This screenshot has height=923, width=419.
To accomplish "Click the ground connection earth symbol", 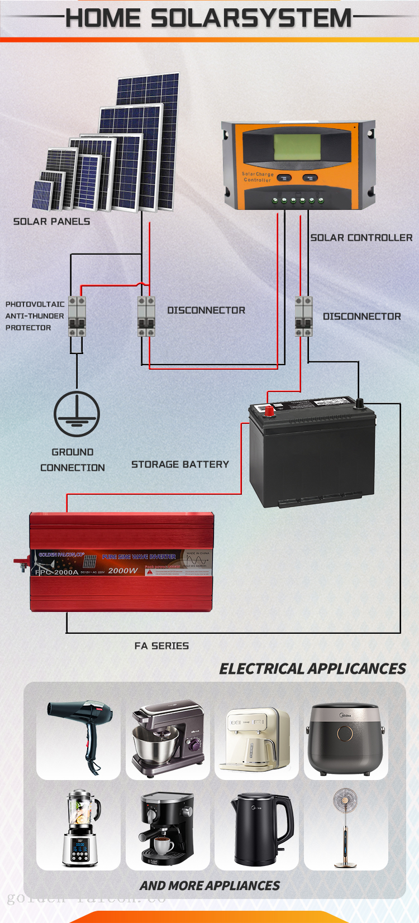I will [x=77, y=414].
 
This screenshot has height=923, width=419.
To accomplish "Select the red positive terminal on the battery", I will [x=269, y=411].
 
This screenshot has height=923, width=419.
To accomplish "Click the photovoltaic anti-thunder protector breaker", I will [x=77, y=317].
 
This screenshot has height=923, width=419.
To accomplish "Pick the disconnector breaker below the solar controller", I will [x=303, y=317].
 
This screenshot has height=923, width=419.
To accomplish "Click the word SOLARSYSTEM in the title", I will [x=251, y=18].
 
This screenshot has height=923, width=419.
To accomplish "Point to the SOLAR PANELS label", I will [x=51, y=222].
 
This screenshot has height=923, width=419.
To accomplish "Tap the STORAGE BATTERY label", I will [x=180, y=465].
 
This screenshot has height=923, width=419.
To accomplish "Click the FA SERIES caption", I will [x=161, y=646].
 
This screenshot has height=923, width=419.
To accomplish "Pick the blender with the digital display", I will [x=81, y=829].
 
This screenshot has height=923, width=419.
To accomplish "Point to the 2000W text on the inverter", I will [x=123, y=571].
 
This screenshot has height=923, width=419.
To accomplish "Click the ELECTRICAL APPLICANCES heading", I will [x=312, y=669].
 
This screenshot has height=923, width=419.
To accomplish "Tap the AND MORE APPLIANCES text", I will [x=209, y=886].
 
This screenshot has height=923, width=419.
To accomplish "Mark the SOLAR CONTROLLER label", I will [x=361, y=238].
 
